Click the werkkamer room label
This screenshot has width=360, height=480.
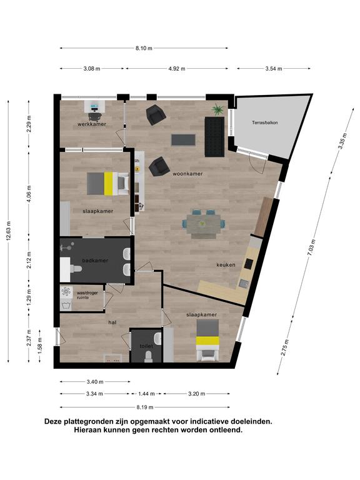pos(92,124)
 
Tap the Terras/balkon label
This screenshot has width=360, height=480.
pos(265,122)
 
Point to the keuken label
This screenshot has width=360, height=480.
pos(226,265)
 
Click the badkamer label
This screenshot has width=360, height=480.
pos(95,261)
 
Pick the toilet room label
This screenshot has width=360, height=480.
pos(146,346)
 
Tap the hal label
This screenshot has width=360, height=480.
pos(112,322)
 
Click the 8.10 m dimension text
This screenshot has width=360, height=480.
pos(144,48)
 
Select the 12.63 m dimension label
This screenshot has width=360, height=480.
pos(9,231)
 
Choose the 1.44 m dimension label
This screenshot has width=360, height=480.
pos(146,394)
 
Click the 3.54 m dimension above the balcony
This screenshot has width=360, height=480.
pos(274,69)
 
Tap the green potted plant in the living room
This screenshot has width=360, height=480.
pos(217,109)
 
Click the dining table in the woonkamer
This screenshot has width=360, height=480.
pos(204,224)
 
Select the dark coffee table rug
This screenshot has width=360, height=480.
pos(183,140)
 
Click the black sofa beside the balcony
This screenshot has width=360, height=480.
pos(214,137)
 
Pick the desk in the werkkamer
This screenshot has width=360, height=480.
pos(94,106)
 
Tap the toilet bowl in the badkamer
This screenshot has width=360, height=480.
pos(76,269)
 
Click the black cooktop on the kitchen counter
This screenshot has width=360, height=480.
pos(248,264)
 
